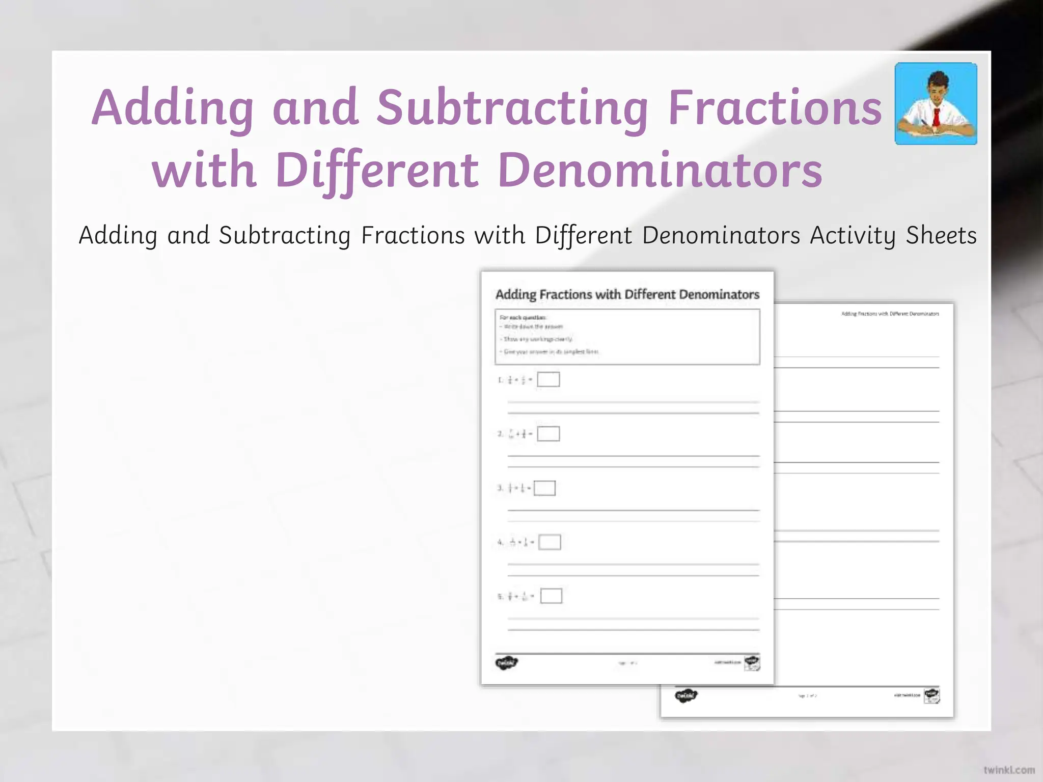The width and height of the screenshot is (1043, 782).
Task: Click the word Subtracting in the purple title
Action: (512, 108)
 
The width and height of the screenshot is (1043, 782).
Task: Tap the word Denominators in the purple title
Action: (660, 170)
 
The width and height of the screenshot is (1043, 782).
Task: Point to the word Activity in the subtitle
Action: (853, 236)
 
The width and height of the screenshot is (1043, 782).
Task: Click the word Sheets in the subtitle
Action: (941, 236)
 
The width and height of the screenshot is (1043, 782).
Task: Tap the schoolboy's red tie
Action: (936, 118)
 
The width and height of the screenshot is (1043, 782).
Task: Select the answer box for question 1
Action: (548, 379)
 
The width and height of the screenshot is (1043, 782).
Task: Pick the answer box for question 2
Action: (548, 434)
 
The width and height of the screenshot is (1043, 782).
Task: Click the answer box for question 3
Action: (544, 488)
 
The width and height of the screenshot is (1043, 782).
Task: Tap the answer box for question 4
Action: (550, 542)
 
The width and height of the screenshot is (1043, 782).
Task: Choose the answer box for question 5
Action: (551, 596)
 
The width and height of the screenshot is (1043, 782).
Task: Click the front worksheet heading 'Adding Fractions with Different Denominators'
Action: (627, 295)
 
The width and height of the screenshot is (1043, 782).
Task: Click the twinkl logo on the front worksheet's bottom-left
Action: (506, 663)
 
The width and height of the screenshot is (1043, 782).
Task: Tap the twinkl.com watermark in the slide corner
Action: (1009, 769)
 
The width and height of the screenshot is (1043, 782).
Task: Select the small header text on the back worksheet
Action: (890, 314)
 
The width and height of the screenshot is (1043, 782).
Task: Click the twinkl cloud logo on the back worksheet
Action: (686, 695)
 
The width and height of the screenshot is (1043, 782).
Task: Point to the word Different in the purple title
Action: (378, 170)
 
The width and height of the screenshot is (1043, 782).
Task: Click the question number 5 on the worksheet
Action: (500, 596)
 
